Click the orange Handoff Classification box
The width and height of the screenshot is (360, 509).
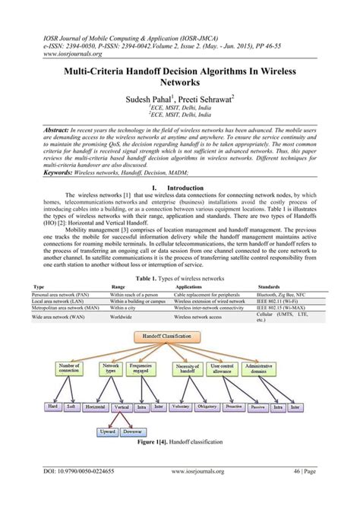click(x=180, y=335)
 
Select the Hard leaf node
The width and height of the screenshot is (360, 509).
click(x=53, y=407)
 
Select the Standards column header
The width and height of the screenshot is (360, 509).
click(x=271, y=266)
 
